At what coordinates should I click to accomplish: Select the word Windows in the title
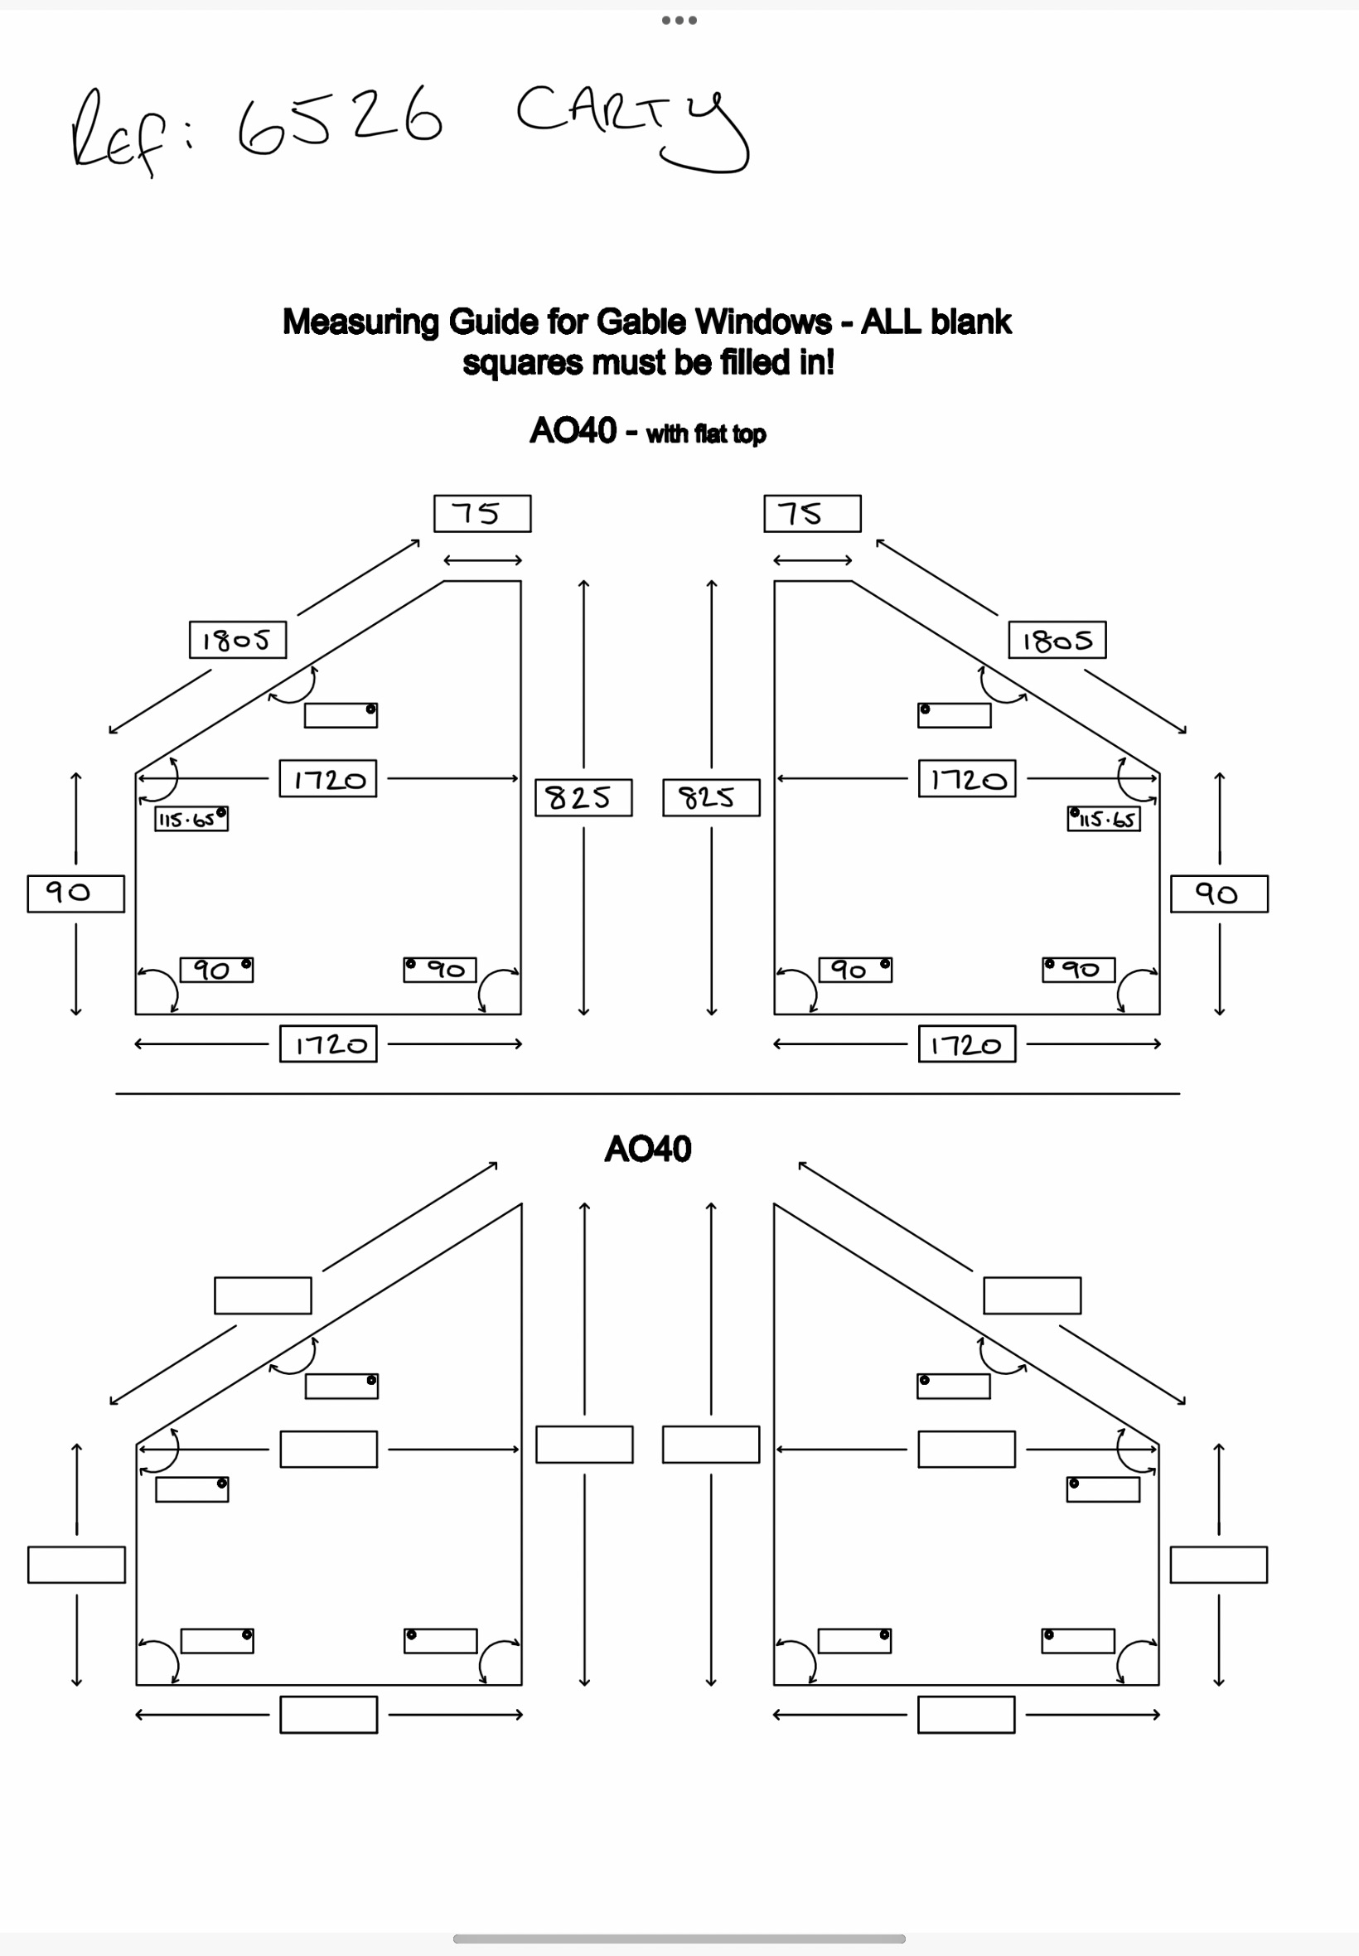(x=763, y=322)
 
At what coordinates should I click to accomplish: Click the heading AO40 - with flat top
(x=647, y=431)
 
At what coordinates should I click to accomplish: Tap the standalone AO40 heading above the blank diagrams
(x=647, y=1149)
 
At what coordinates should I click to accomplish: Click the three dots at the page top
(x=679, y=21)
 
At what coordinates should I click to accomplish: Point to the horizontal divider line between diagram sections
(x=647, y=1093)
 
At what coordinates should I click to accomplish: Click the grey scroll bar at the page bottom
(x=679, y=1939)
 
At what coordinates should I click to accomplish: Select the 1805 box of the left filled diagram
(x=238, y=640)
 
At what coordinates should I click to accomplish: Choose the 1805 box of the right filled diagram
(x=1057, y=640)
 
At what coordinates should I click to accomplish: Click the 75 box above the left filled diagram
(x=482, y=514)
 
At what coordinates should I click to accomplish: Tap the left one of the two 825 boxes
(x=583, y=798)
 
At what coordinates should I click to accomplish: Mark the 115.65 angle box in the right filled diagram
(x=1104, y=819)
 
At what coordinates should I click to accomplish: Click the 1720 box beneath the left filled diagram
(x=328, y=1044)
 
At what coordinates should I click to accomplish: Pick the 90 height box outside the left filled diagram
(x=75, y=893)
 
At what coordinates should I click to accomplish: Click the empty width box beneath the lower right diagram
(x=965, y=1714)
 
